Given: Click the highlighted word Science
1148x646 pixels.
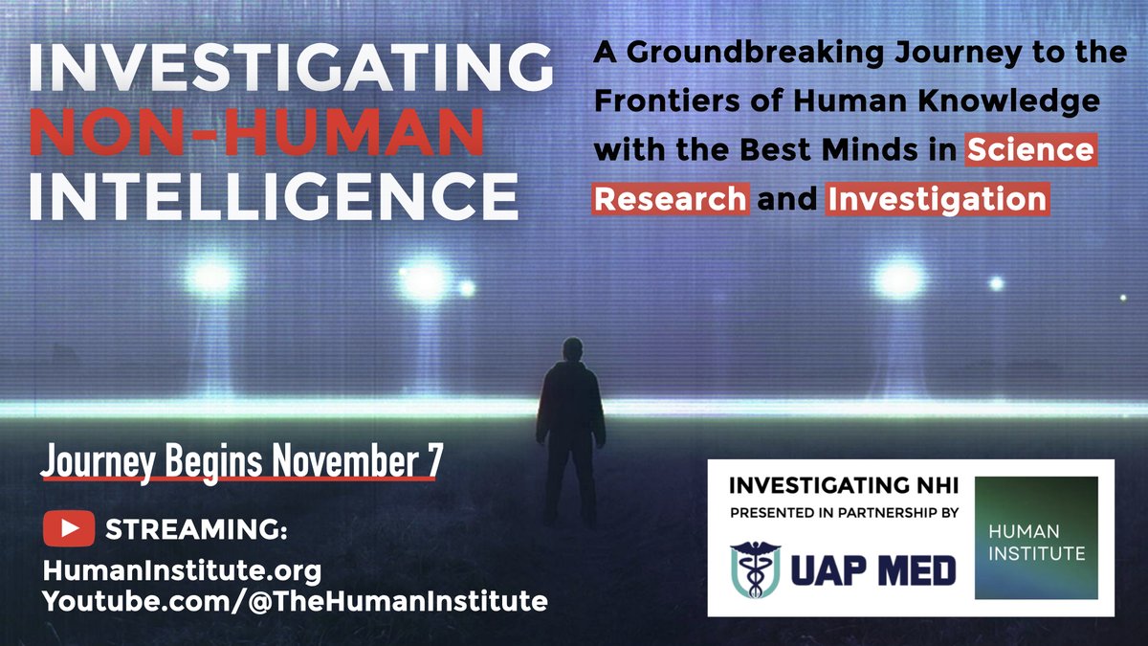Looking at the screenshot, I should pos(1030,150).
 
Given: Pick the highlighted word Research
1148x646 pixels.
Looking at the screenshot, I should pos(671,199).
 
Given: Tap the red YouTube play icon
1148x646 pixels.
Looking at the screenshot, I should pos(68,528).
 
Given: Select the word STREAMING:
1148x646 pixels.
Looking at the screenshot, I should pos(197,529).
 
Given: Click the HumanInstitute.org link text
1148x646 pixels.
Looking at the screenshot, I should pos(182,571).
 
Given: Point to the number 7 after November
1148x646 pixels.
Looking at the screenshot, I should pos(435,460).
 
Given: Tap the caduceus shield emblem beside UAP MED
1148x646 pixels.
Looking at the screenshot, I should pos(755,571).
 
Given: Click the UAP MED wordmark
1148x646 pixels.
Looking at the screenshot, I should pos(872,571).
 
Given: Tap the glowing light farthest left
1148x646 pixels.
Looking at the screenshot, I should pos(211,278).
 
